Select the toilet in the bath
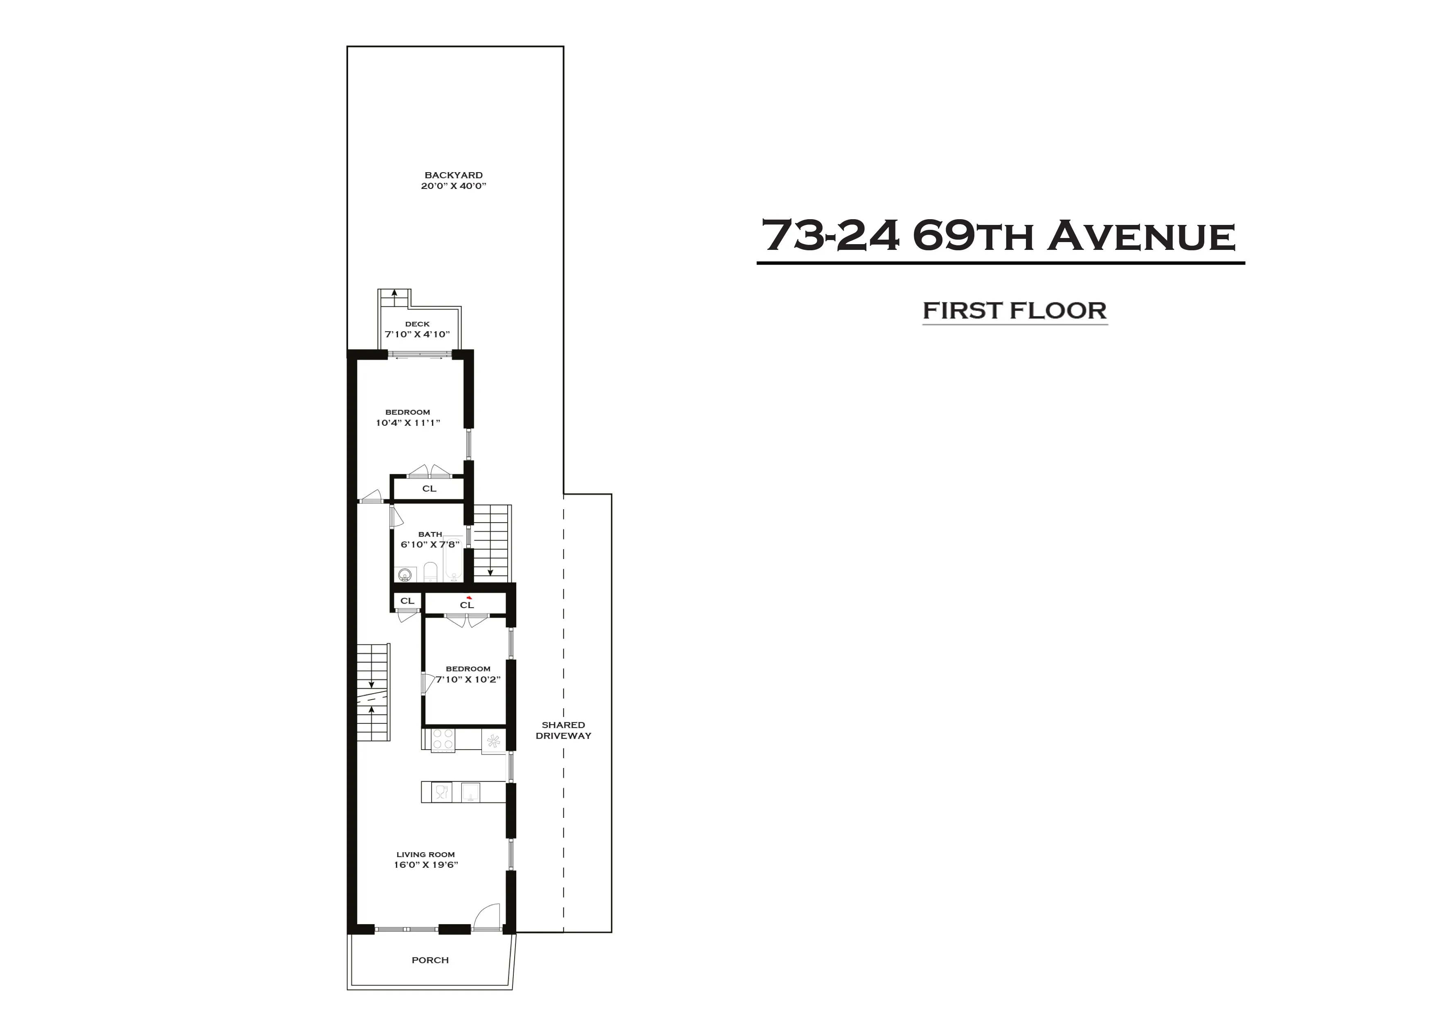(430, 572)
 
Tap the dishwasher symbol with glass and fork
(441, 792)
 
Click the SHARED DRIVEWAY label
(563, 730)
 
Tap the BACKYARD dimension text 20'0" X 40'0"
(453, 186)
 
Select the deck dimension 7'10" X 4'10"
(417, 335)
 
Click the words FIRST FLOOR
(1014, 311)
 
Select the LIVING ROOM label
(425, 854)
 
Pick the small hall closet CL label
(407, 601)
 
